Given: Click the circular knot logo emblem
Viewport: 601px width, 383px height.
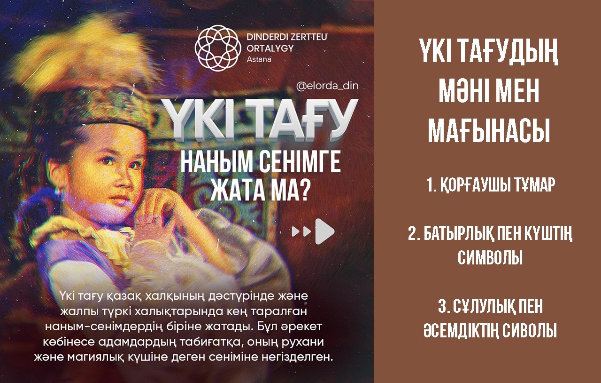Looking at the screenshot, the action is click(x=217, y=48).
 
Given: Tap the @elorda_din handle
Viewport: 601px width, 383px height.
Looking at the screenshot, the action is click(x=327, y=86).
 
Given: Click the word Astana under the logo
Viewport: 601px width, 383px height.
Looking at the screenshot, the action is click(x=259, y=59).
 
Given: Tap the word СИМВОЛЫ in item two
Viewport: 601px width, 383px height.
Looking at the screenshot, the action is click(x=490, y=257).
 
